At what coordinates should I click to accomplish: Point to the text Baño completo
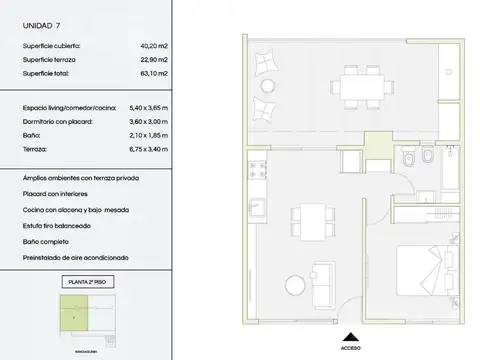coord(46,241)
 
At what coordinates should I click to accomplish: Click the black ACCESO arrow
coord(349,338)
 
